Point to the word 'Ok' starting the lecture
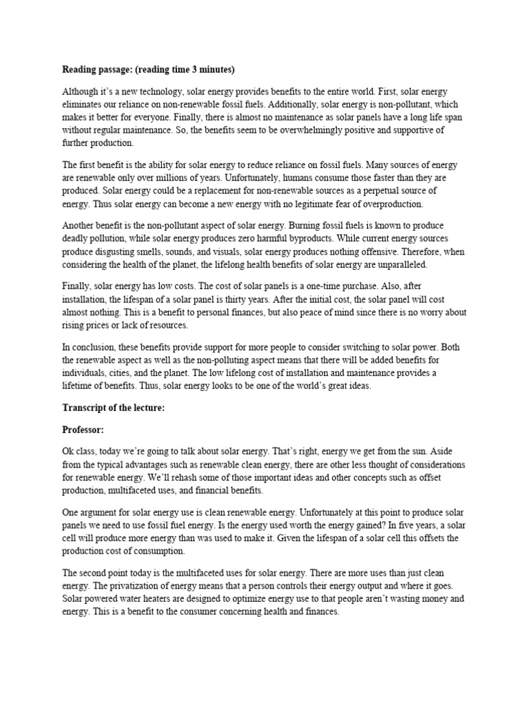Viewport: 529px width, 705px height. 68,452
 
